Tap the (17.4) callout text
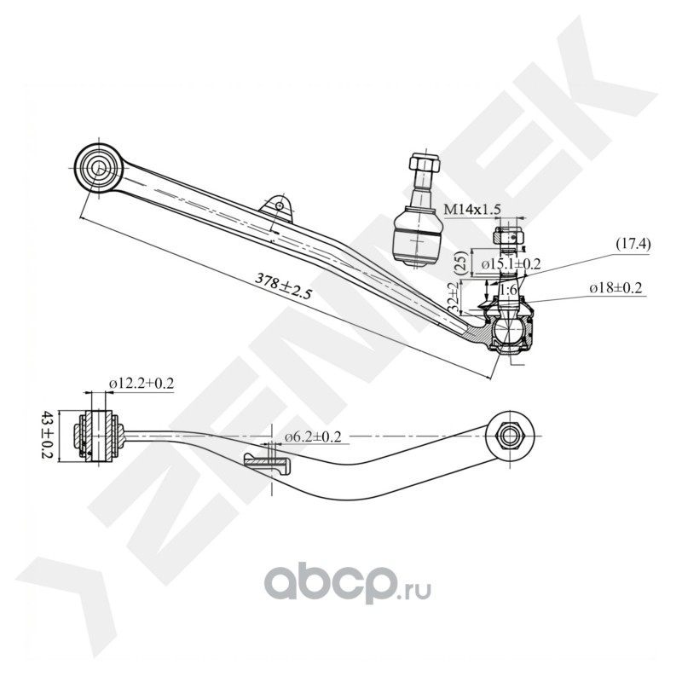pyautogui.click(x=633, y=245)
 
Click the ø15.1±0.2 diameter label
pyautogui.click(x=511, y=264)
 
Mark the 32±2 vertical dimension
pyautogui.click(x=454, y=300)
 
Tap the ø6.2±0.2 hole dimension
pyautogui.click(x=313, y=436)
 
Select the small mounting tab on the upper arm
pyautogui.click(x=277, y=206)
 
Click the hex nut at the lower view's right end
pyautogui.click(x=507, y=433)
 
